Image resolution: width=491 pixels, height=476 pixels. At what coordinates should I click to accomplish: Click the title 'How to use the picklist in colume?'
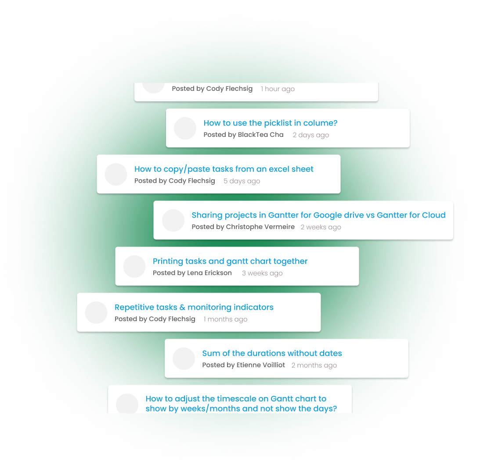(270, 123)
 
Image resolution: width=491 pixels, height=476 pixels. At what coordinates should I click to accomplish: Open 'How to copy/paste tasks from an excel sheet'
(224, 169)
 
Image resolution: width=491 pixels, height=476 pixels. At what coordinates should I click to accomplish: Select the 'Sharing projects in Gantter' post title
(318, 215)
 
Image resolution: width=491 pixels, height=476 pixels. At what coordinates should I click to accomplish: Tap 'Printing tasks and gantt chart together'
(230, 261)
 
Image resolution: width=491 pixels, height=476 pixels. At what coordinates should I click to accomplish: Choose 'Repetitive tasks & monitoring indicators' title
(194, 308)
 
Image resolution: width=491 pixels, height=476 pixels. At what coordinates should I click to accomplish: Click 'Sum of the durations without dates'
(272, 354)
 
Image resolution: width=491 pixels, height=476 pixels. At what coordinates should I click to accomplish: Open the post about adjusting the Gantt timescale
(241, 404)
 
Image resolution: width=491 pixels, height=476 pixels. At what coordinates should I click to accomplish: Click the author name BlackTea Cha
(260, 135)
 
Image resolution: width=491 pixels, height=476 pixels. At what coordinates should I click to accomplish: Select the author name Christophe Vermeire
(260, 227)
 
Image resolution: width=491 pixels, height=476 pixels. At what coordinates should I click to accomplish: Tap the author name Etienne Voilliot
(261, 365)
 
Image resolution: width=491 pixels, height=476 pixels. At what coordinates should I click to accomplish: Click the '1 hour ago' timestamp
(278, 89)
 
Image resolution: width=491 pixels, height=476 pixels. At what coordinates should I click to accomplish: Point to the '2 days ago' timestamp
(310, 135)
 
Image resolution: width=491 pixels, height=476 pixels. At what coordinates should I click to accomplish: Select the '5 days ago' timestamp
(242, 181)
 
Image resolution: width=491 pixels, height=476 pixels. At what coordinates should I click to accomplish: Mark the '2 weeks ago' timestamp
(321, 227)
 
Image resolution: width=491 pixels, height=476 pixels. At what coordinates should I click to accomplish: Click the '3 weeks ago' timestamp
(262, 273)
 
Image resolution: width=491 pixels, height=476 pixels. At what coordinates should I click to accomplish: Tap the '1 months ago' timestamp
(225, 319)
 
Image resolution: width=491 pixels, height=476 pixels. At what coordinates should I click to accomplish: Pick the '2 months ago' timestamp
(314, 365)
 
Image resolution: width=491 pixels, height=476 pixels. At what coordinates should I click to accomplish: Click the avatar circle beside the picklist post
(185, 128)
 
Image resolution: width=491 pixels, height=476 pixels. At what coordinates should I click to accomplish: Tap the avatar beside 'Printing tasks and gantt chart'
(134, 266)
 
